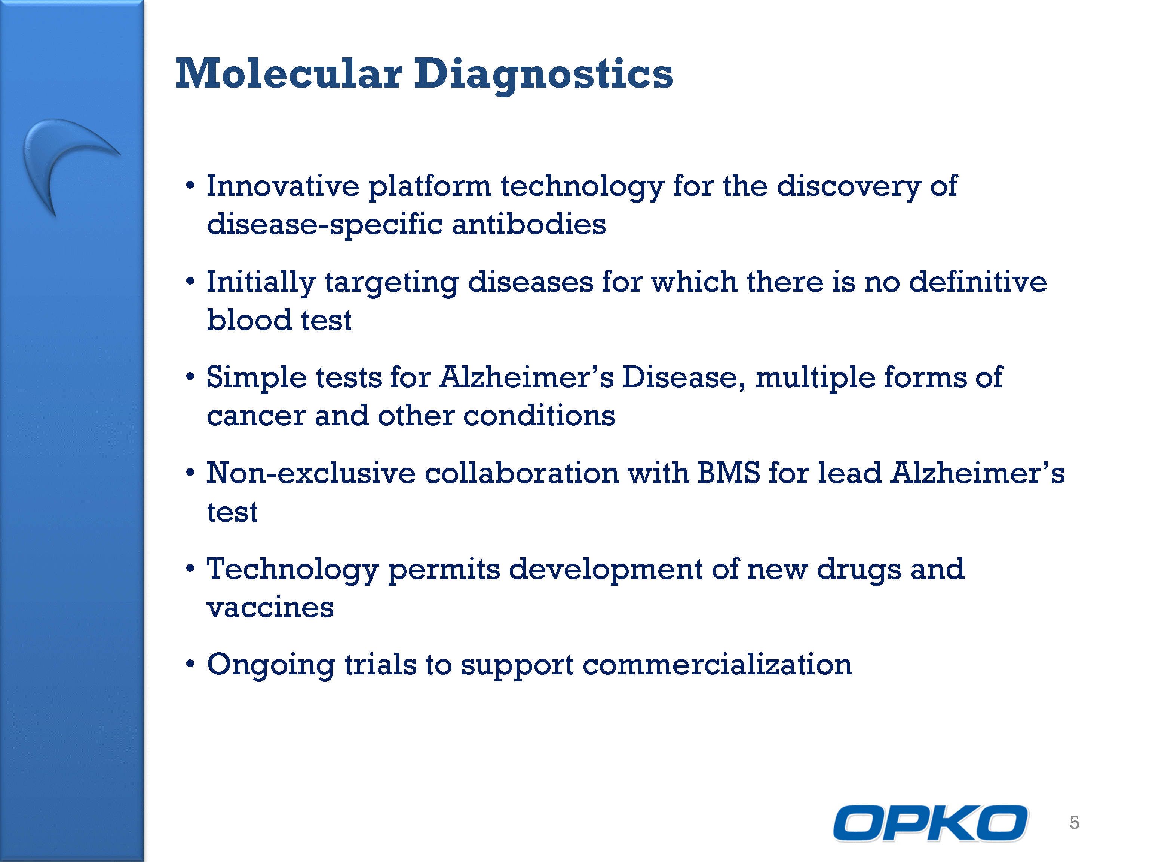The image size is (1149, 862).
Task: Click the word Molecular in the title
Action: click(289, 73)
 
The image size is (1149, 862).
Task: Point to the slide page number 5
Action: click(1074, 822)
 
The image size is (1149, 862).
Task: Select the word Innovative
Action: click(283, 186)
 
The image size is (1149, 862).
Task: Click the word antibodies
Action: click(529, 225)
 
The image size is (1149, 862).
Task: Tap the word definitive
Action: click(978, 282)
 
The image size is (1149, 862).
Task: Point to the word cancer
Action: click(256, 416)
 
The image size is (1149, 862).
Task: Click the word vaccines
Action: click(270, 608)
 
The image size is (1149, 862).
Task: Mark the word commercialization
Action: click(717, 665)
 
